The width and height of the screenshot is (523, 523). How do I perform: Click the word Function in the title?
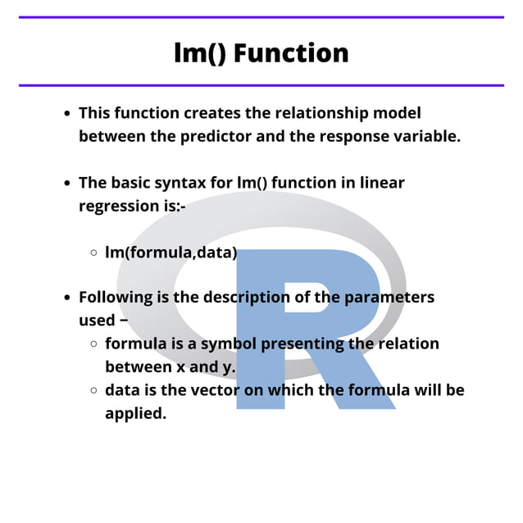click(x=291, y=52)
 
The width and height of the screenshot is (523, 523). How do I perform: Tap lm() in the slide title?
click(x=201, y=52)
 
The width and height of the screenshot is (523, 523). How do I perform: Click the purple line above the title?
click(x=261, y=17)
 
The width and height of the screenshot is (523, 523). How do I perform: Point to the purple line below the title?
click(x=261, y=85)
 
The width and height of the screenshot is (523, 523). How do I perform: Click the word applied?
click(x=135, y=413)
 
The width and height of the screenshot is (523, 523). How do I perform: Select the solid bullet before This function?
click(x=67, y=114)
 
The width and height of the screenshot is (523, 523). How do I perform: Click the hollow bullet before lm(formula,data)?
click(x=93, y=253)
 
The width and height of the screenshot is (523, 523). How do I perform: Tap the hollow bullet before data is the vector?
click(x=93, y=391)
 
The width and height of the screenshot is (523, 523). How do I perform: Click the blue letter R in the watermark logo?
click(x=316, y=328)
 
